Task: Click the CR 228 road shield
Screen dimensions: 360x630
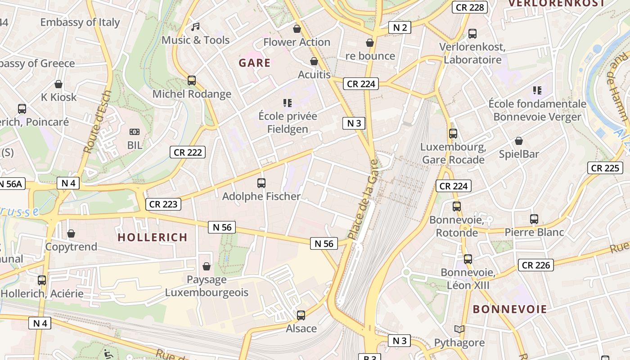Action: click(470, 7)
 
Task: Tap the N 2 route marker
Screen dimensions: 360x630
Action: click(400, 28)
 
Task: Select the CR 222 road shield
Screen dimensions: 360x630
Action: click(188, 152)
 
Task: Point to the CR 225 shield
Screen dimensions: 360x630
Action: click(605, 168)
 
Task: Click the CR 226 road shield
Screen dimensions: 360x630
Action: click(536, 265)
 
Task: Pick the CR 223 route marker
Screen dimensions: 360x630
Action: click(163, 204)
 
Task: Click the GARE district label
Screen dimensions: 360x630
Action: click(255, 63)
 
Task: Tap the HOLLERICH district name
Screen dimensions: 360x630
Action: click(153, 237)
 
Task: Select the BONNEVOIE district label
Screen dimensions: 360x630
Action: click(510, 309)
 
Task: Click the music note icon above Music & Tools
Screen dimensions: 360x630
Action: click(195, 27)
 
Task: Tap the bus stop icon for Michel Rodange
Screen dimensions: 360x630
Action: click(192, 81)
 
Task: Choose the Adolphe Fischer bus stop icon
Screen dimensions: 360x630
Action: click(261, 183)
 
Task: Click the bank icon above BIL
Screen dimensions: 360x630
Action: click(135, 132)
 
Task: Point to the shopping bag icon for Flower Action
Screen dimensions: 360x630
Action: click(297, 29)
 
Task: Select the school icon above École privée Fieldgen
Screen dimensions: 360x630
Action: click(288, 103)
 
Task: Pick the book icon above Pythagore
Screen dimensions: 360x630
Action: click(459, 329)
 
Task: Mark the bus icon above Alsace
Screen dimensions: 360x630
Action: click(301, 315)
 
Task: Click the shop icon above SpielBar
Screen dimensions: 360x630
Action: click(519, 141)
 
